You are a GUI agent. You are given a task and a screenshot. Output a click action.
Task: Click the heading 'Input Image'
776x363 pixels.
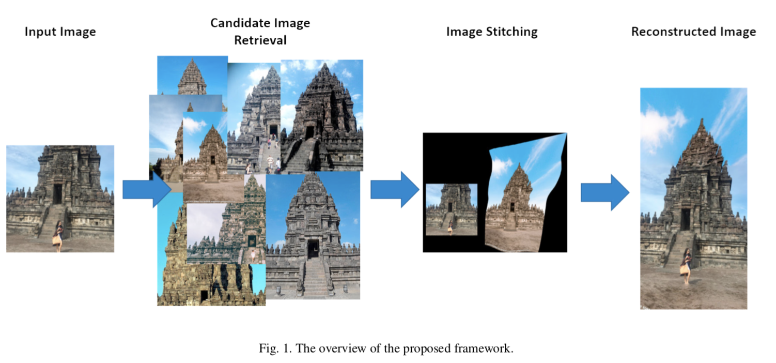pos(60,32)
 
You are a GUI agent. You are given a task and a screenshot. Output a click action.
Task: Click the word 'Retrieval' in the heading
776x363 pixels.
pos(260,40)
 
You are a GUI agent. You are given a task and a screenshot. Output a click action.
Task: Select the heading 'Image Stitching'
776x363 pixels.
pos(492,32)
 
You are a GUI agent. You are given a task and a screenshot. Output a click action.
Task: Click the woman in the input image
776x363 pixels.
pos(58,236)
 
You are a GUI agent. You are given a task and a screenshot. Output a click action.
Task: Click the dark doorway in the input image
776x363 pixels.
pos(57,194)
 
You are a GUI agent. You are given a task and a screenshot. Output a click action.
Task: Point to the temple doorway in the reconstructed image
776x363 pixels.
pos(685,219)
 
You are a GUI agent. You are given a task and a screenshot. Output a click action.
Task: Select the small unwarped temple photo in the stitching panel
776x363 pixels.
pos(451,209)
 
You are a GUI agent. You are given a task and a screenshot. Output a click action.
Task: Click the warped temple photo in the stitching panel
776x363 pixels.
pos(522,196)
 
